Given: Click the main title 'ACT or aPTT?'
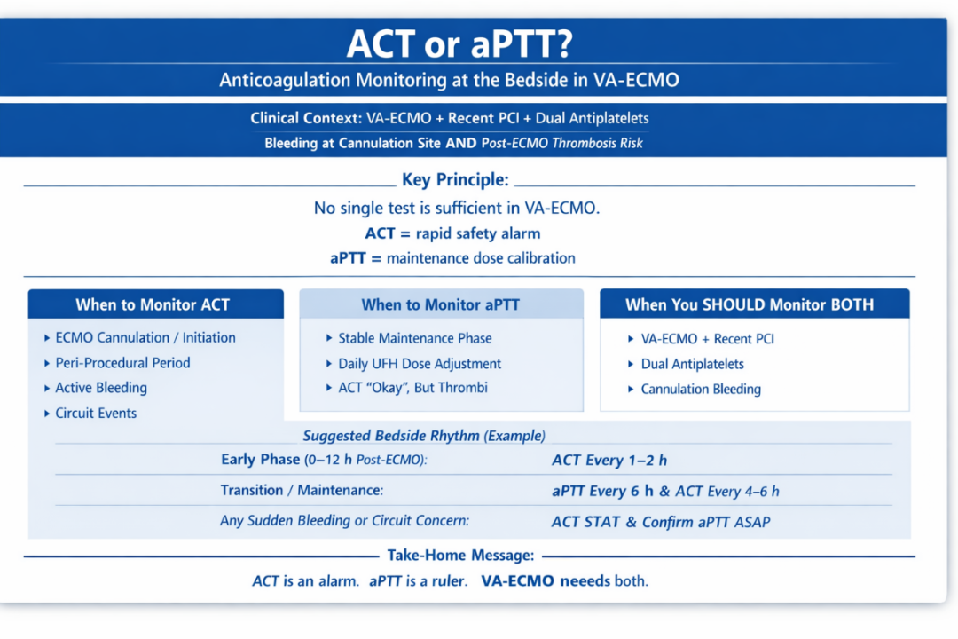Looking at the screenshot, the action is point(459,44).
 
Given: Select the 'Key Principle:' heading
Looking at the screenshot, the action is point(455,180).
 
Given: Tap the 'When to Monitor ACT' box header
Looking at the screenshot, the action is point(153,304).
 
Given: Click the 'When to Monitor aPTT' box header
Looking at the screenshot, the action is point(441,304).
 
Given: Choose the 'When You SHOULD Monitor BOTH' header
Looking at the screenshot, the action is point(750,304).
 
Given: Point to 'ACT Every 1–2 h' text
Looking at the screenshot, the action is point(609,461).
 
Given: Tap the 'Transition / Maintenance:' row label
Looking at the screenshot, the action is point(302,491).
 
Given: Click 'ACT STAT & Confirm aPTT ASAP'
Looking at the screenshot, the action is point(661,522).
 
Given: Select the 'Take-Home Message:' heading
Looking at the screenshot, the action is point(460,556).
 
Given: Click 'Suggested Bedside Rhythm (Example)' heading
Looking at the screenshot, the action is point(424,436).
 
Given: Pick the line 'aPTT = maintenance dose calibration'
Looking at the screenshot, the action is point(452,258).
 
